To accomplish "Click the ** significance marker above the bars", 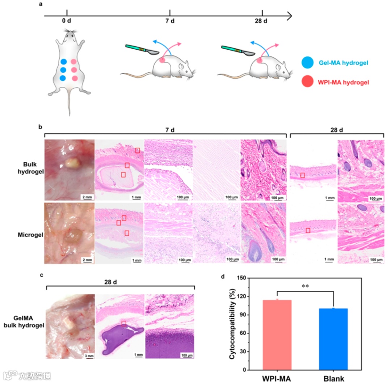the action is pos(305,286).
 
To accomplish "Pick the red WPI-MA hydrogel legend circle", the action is pos(308,82).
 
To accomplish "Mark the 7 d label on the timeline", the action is pos(170,21).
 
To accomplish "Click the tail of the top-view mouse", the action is pos(69,105).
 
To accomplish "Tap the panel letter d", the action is pos(223,277).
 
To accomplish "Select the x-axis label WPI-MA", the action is pos(277,378).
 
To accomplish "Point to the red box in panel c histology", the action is pos(124,323).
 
